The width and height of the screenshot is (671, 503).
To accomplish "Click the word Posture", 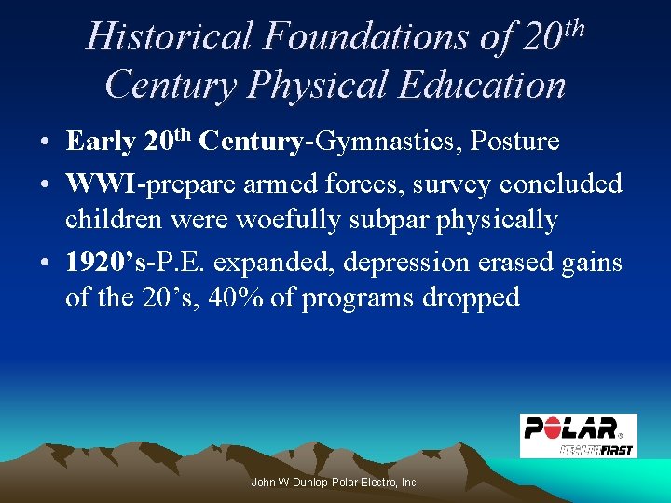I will [515, 142].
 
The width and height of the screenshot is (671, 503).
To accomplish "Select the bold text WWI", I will [101, 184].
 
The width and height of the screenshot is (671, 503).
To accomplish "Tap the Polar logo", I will [578, 435].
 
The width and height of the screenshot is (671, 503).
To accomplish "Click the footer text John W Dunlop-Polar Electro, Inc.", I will [335, 483].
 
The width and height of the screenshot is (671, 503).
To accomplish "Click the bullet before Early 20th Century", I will [45, 143].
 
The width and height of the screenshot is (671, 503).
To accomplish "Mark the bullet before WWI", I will [45, 185].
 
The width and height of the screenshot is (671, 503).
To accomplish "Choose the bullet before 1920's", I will [45, 264].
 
